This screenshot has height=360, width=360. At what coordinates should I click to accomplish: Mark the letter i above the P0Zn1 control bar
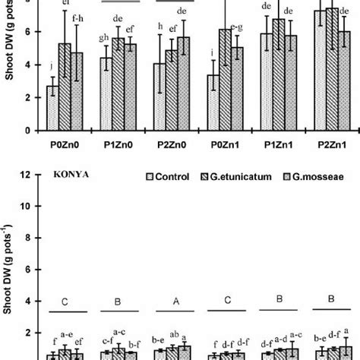click(209, 52)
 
